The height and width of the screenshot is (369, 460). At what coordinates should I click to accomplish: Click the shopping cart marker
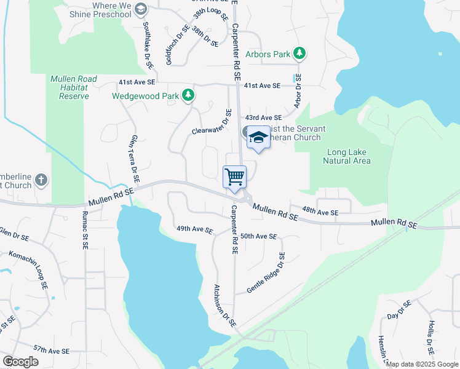235,177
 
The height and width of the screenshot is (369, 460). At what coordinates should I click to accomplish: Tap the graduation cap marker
258,138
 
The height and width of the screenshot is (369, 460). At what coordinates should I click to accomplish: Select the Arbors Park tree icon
299,54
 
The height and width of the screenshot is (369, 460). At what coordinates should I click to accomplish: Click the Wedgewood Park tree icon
188,95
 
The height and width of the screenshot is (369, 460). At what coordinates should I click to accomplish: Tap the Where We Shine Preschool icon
141,9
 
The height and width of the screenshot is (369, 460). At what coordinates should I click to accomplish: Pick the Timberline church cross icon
41,180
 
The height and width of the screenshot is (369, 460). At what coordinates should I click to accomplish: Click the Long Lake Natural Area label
347,156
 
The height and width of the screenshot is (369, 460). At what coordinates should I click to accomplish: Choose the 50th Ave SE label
258,236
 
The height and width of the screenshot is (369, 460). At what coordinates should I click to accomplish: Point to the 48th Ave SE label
320,213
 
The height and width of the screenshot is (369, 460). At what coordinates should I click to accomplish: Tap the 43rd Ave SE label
263,117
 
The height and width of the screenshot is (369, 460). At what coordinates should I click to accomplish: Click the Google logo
21,362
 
